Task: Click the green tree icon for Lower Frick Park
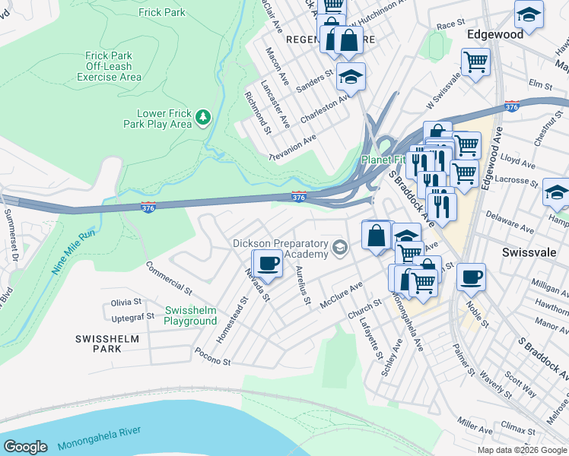tap(202, 118)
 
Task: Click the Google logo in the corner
tap(25, 446)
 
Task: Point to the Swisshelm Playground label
tap(190, 316)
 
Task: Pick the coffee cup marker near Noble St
tap(471, 275)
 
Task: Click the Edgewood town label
tap(495, 35)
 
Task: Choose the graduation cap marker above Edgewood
tap(529, 14)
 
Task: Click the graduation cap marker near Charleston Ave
tap(351, 75)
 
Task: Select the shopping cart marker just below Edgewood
tap(476, 61)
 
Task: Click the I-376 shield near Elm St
tap(512, 107)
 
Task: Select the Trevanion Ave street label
tap(293, 147)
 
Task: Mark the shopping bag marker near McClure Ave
tap(376, 234)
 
